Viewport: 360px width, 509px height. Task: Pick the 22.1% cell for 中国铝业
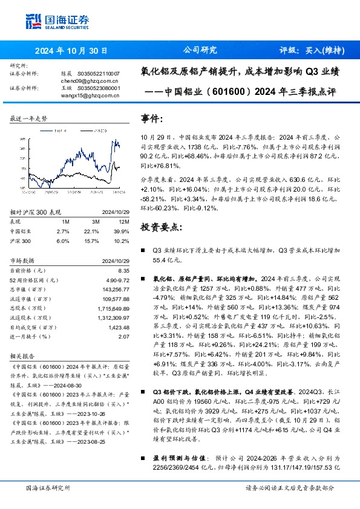[x=90, y=231]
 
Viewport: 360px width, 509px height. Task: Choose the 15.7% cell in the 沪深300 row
[x=90, y=240]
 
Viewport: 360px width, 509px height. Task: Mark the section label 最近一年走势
[x=29, y=119]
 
